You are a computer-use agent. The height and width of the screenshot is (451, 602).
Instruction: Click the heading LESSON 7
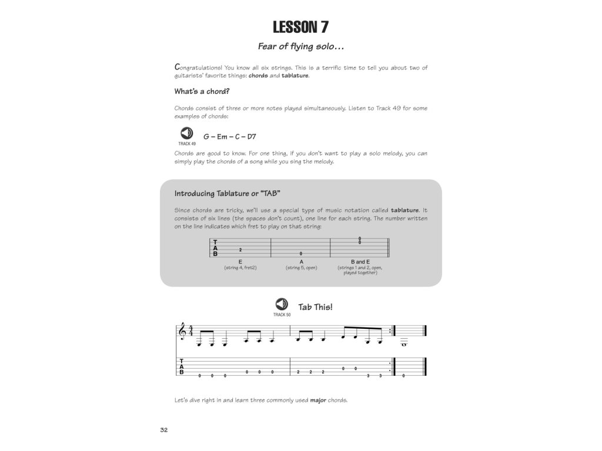[x=300, y=27]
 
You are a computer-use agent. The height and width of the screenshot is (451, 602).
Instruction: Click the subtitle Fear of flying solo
[x=300, y=46]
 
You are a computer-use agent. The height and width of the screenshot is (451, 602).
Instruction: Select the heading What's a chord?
[x=202, y=92]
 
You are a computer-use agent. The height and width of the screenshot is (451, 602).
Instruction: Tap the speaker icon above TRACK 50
[x=282, y=305]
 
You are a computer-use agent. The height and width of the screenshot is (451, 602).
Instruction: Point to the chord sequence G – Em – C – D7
[x=229, y=137]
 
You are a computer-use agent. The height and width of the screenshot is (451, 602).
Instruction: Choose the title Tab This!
[x=315, y=307]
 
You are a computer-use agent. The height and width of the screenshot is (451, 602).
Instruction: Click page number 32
[x=164, y=430]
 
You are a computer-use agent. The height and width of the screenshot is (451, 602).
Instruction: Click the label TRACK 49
[x=186, y=143]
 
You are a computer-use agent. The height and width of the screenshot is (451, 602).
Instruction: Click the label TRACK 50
[x=282, y=315]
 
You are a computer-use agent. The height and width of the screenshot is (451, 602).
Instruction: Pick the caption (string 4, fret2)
[x=240, y=268]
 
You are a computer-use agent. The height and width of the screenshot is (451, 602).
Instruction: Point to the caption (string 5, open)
[x=301, y=268]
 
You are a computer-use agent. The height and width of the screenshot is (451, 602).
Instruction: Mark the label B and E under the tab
[x=360, y=261]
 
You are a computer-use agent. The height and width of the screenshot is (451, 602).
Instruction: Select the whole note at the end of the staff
[x=404, y=345]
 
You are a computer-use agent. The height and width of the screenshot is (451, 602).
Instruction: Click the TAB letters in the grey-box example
[x=215, y=248]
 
